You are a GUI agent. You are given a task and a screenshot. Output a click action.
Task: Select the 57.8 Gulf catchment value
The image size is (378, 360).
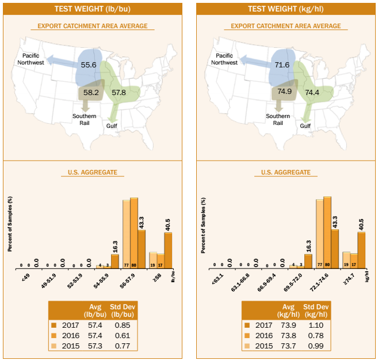119,92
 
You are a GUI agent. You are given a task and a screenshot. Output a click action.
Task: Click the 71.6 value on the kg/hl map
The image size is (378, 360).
282,65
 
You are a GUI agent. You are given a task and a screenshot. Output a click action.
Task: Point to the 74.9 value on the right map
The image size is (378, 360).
285,92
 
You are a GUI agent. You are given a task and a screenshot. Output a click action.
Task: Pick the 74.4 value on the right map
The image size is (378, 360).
312,92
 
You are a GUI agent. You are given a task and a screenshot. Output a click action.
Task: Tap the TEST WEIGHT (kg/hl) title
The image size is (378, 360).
286,9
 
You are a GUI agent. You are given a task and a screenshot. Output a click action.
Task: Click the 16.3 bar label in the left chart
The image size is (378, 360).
115,247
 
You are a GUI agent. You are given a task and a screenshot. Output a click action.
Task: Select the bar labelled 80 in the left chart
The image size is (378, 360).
134,233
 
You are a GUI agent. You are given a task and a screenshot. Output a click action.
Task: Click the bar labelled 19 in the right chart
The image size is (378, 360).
346,260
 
